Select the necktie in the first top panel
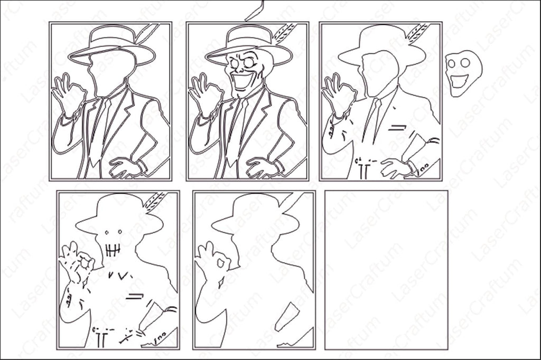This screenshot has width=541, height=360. pos(100,131)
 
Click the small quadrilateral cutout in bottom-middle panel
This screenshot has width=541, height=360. pos(287,317)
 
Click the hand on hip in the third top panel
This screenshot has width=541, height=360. pos(396,168)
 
